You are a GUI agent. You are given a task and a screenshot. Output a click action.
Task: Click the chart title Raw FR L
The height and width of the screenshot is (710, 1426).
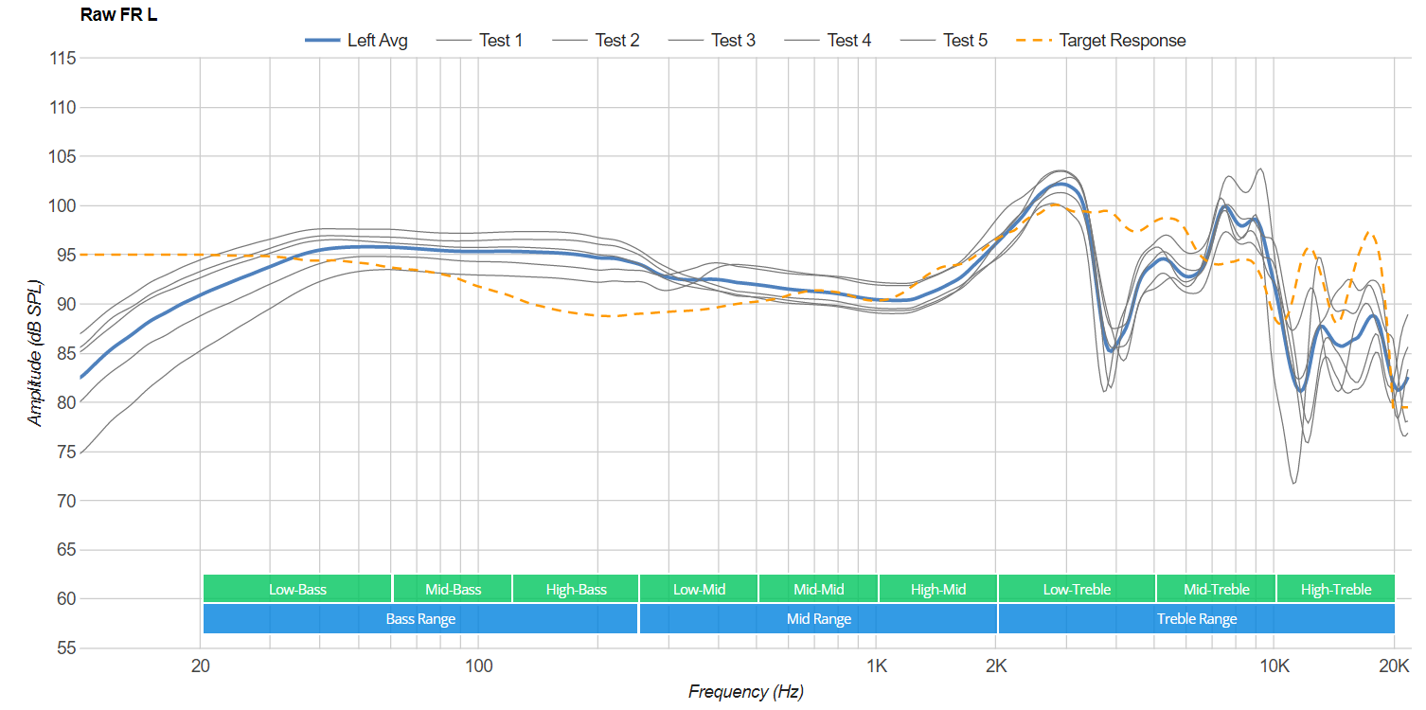coord(118,14)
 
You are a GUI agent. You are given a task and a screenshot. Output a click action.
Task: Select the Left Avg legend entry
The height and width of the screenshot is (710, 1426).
coord(356,40)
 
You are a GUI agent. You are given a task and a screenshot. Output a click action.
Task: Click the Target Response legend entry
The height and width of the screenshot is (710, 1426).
coord(1100,40)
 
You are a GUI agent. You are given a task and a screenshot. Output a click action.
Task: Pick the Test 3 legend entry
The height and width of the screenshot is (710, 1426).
coord(712,40)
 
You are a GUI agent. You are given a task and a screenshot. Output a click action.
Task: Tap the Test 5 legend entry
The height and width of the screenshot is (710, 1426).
coord(944,40)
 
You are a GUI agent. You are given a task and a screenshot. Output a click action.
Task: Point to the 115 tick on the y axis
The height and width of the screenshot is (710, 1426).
coord(62,59)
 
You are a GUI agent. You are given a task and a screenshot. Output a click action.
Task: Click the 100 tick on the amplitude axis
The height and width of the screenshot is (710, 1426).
coord(62,205)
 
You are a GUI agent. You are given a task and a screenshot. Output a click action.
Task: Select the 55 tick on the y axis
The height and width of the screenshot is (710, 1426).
coord(66,648)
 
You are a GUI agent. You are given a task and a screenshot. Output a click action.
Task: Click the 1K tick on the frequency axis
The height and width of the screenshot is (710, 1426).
coord(877,666)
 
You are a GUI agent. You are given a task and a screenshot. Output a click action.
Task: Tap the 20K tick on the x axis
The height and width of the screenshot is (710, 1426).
coord(1394,666)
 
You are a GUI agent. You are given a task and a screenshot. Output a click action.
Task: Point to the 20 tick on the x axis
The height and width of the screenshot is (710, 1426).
coord(200,666)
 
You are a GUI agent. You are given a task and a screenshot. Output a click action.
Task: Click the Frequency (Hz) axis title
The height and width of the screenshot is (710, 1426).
coord(745,692)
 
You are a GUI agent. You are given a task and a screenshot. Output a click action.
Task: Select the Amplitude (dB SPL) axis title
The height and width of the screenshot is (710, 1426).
coord(34,353)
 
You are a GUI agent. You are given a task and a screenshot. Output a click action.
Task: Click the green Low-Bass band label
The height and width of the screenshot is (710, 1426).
coord(297,589)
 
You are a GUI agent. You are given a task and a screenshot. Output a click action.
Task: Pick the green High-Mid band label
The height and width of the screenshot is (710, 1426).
coord(937,589)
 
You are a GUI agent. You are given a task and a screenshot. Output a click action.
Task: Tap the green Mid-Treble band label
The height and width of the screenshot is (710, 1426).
coord(1216,589)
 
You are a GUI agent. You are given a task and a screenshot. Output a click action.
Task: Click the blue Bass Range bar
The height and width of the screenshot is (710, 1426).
coord(420,618)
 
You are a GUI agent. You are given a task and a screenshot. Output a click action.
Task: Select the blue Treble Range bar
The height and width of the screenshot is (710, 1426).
coord(1196,618)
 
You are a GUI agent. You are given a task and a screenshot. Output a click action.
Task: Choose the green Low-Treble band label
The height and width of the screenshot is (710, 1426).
coord(1077,589)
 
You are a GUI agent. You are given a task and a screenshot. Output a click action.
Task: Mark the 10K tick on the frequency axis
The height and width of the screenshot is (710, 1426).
coord(1274,666)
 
